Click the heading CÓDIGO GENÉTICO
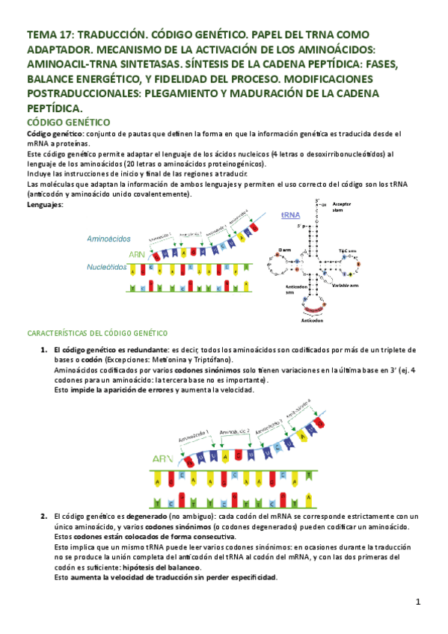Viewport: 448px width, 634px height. [x=69, y=122]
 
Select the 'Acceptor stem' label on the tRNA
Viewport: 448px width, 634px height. [x=341, y=206]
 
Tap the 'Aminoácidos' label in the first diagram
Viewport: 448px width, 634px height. [x=109, y=238]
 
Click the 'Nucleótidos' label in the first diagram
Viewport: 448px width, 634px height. [x=106, y=266]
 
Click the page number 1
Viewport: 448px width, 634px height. [x=419, y=602]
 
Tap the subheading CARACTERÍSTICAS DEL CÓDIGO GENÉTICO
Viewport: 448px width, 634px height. [x=97, y=333]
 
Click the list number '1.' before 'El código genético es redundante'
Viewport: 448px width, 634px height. [x=44, y=350]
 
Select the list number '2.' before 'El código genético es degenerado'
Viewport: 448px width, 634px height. [x=44, y=517]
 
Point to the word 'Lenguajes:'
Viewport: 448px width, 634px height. [x=46, y=204]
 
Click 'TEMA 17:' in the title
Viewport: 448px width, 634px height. [x=49, y=34]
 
